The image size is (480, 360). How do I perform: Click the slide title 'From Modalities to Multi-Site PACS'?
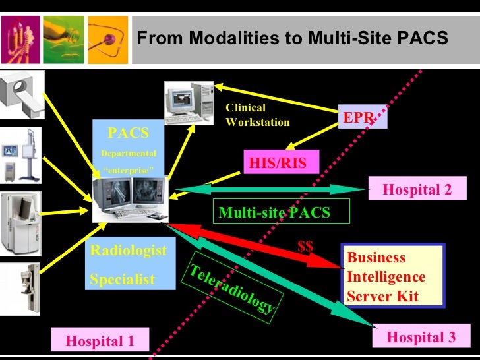(x=292, y=38)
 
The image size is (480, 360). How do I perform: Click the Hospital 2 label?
(x=417, y=190)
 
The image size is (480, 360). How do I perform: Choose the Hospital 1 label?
(x=100, y=341)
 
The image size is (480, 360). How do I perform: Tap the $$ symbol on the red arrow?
(x=305, y=246)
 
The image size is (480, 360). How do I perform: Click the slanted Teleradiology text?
(x=232, y=288)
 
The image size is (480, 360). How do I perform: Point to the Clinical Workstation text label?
(x=256, y=115)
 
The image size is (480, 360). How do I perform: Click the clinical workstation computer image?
(x=187, y=102)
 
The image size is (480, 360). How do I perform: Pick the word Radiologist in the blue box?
(x=128, y=251)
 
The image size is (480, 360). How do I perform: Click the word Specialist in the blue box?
(x=122, y=280)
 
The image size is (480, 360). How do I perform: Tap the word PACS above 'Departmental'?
(x=129, y=133)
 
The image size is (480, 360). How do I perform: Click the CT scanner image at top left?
(x=21, y=94)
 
